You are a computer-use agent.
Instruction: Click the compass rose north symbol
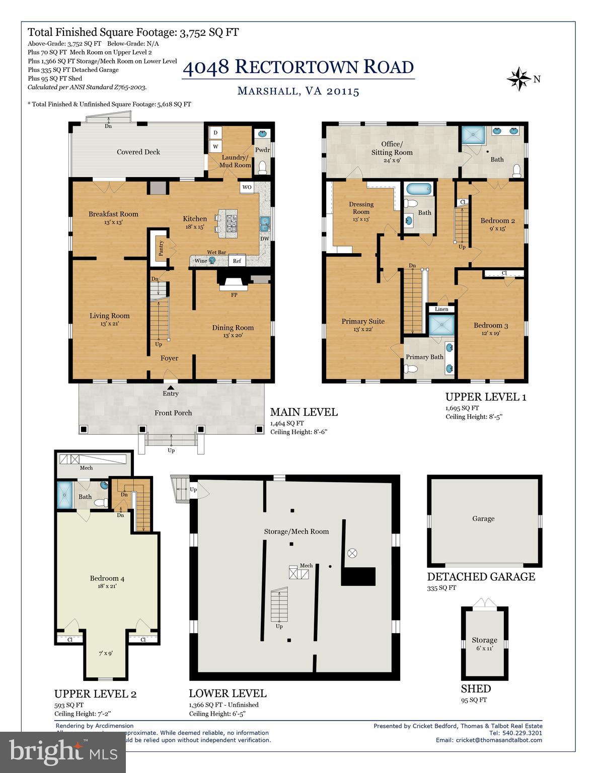[519, 79]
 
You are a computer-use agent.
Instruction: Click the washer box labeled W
[215, 146]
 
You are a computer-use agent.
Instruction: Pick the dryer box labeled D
[215, 133]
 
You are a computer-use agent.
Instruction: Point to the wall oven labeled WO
[247, 187]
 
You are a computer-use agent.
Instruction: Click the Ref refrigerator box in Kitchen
[237, 261]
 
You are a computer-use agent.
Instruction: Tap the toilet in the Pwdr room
[262, 167]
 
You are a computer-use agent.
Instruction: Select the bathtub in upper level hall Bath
[419, 190]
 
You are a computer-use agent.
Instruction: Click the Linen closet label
[441, 309]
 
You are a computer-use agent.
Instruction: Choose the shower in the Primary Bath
[441, 325]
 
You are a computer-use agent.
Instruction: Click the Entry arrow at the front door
[171, 388]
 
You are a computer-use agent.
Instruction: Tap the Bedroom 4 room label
[107, 578]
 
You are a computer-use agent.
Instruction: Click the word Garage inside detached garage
[483, 518]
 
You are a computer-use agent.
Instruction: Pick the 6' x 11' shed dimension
[484, 648]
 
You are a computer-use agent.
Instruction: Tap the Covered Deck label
[138, 152]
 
